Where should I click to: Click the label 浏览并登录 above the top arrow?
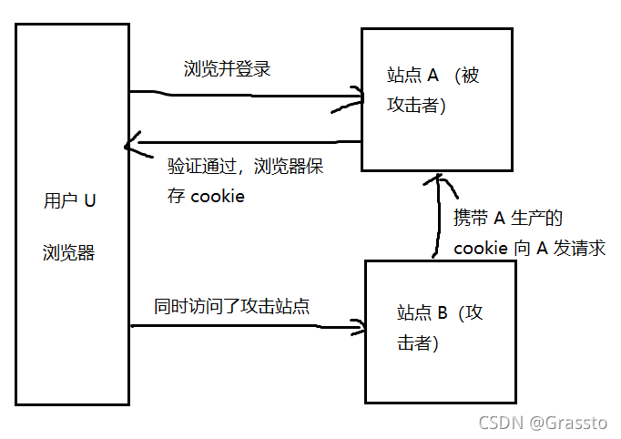227,68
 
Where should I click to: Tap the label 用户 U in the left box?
69,200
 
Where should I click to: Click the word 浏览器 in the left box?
68,252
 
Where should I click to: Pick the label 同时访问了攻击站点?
232,307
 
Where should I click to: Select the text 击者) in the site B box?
418,342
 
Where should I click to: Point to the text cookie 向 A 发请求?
529,248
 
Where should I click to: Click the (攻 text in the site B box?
472,313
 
